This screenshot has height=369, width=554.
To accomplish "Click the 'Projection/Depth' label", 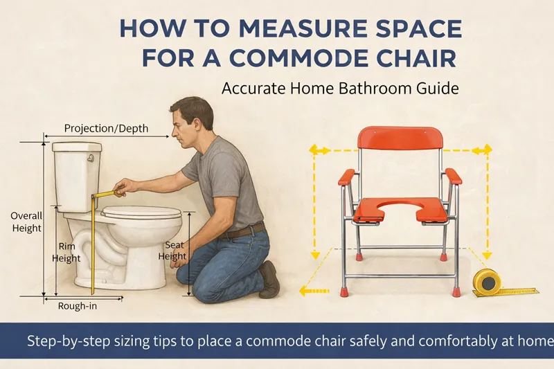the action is (x=106, y=129).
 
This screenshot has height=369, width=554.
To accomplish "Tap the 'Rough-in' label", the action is (x=78, y=306).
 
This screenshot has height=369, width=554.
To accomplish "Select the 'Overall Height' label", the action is (x=26, y=222).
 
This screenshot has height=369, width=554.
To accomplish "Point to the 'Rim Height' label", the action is (x=66, y=253).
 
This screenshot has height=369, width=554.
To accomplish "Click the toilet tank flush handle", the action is (x=91, y=158).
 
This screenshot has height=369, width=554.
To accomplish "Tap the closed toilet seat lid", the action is (x=141, y=212).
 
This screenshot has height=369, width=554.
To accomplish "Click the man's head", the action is (x=192, y=122).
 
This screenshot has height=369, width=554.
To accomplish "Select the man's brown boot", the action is (x=269, y=280).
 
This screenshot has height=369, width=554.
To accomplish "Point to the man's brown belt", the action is (x=243, y=231).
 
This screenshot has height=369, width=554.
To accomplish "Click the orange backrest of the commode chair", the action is (x=400, y=138).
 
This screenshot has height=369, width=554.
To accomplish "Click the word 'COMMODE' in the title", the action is (x=300, y=59).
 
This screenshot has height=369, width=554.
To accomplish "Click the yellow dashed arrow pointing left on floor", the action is (x=314, y=291).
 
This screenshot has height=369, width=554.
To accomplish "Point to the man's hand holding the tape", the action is (x=123, y=187).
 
